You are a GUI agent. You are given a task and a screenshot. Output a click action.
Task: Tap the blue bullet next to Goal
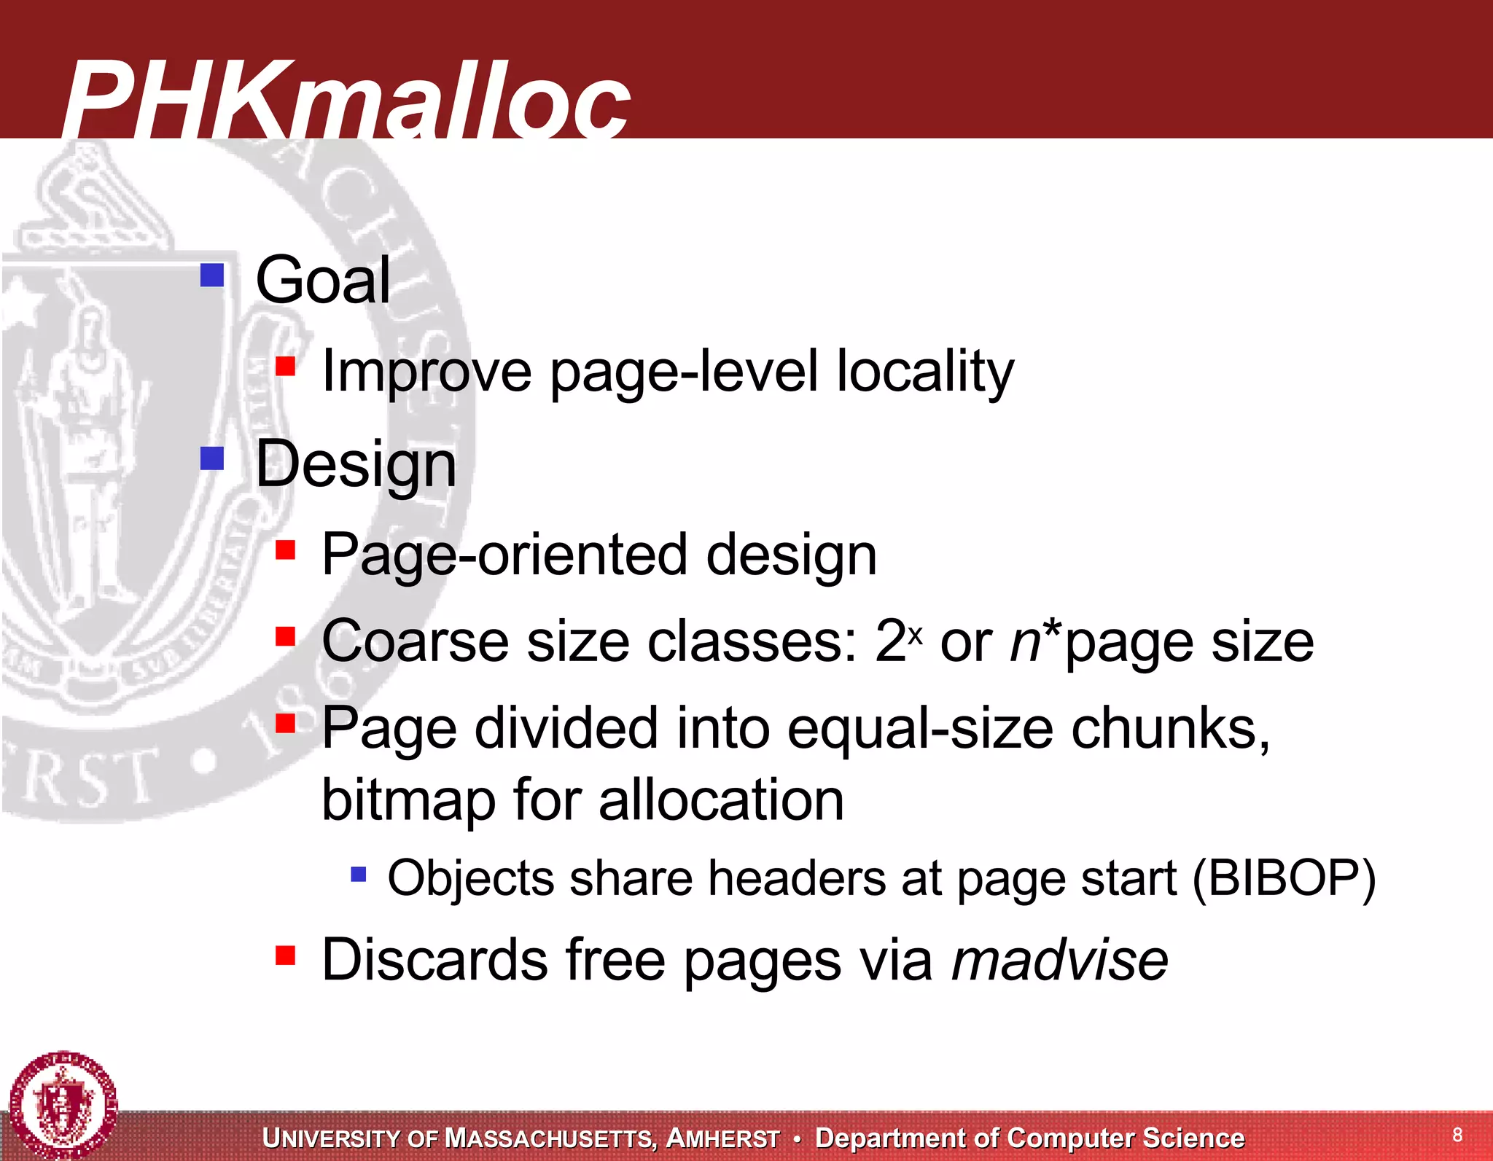(x=211, y=275)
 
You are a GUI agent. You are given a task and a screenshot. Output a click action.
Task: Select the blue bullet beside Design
(x=211, y=458)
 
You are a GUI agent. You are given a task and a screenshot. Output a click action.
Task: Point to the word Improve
(x=426, y=372)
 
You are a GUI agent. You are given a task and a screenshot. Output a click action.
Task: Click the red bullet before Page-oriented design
(x=285, y=549)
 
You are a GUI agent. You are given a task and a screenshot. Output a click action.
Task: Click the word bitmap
(x=408, y=800)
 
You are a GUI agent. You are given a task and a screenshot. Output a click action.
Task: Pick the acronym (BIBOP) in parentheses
(x=1284, y=878)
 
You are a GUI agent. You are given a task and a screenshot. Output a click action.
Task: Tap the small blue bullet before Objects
(x=358, y=873)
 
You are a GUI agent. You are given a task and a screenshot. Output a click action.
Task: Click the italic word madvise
(x=1060, y=960)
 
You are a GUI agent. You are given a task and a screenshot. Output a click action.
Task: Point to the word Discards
(x=434, y=960)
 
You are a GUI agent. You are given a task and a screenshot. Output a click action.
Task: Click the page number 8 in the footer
(x=1457, y=1135)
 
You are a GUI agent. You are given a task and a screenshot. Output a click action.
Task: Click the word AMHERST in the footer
(x=723, y=1138)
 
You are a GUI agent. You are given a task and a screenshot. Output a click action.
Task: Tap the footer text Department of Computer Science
(x=1029, y=1138)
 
